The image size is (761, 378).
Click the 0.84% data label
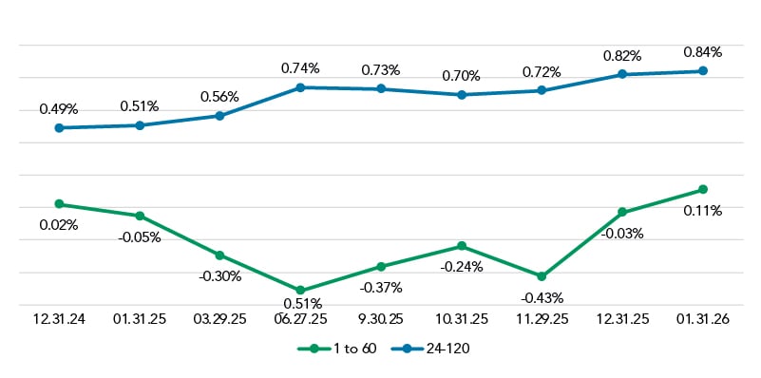pos(703,51)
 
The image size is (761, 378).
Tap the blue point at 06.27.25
pos(300,87)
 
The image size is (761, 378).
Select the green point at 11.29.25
pos(542,276)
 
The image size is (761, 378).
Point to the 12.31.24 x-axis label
pos(59,320)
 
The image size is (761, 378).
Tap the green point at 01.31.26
pos(703,190)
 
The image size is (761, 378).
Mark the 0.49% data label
pos(59,109)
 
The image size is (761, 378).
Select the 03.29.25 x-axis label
pos(219,320)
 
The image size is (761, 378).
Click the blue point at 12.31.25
pos(622,74)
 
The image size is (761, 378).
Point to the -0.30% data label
pos(219,276)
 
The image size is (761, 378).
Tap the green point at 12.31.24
pos(59,204)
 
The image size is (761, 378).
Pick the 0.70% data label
pos(461,74)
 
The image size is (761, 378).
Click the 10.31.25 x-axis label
pos(461,320)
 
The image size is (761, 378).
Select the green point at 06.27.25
pos(300,291)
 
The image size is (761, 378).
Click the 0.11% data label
pos(703,211)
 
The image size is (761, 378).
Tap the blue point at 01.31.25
pos(140,125)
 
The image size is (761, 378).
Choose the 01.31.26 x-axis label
pos(703,320)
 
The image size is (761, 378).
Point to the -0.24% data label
pos(461,267)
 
